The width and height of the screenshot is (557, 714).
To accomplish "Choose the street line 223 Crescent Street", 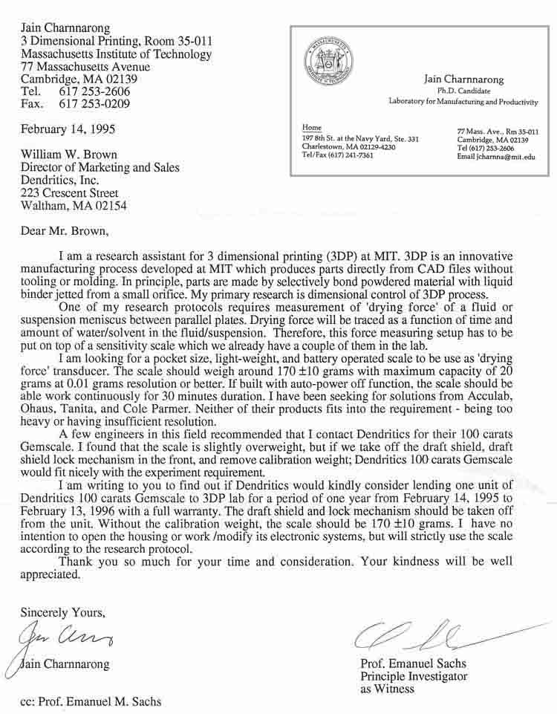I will coord(69,193).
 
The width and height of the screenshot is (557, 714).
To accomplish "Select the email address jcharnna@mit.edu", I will coord(497,157).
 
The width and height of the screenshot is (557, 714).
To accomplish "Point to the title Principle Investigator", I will coord(414,676).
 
